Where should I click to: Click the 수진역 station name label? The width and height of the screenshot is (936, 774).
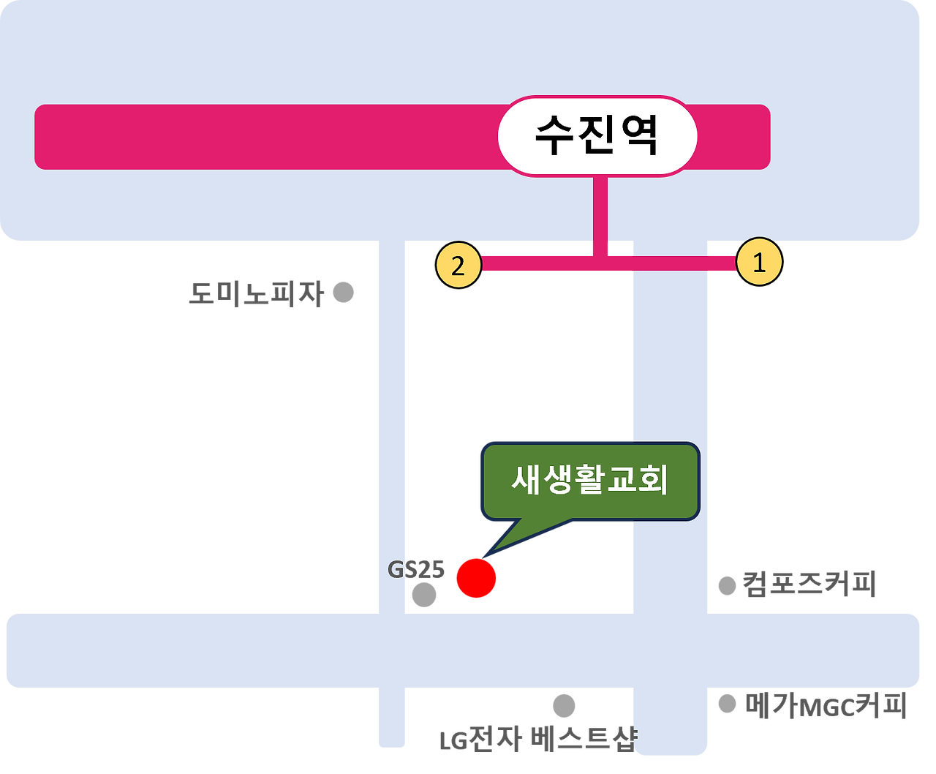pyautogui.click(x=597, y=136)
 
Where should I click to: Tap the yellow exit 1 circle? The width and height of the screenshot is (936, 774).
pyautogui.click(x=759, y=263)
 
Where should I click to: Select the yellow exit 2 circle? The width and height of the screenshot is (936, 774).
pyautogui.click(x=458, y=266)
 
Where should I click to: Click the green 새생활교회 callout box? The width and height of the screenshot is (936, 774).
pyautogui.click(x=589, y=481)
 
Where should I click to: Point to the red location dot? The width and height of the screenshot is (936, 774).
pyautogui.click(x=476, y=578)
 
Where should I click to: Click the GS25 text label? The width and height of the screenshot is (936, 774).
pyautogui.click(x=415, y=570)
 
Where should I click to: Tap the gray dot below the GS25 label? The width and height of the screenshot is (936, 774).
pyautogui.click(x=423, y=595)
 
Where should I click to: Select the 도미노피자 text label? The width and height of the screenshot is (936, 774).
pyautogui.click(x=256, y=294)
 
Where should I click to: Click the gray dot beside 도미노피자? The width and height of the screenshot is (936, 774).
pyautogui.click(x=343, y=293)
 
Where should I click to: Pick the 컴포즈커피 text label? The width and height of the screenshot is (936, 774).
pyautogui.click(x=808, y=585)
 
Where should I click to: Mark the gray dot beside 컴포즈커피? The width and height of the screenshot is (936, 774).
pyautogui.click(x=727, y=586)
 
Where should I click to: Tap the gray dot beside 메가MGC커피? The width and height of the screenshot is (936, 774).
pyautogui.click(x=727, y=704)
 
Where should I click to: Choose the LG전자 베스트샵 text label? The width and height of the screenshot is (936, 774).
pyautogui.click(x=537, y=740)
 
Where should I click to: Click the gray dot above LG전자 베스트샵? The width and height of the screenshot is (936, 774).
pyautogui.click(x=564, y=706)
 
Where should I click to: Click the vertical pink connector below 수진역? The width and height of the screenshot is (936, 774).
pyautogui.click(x=600, y=212)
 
